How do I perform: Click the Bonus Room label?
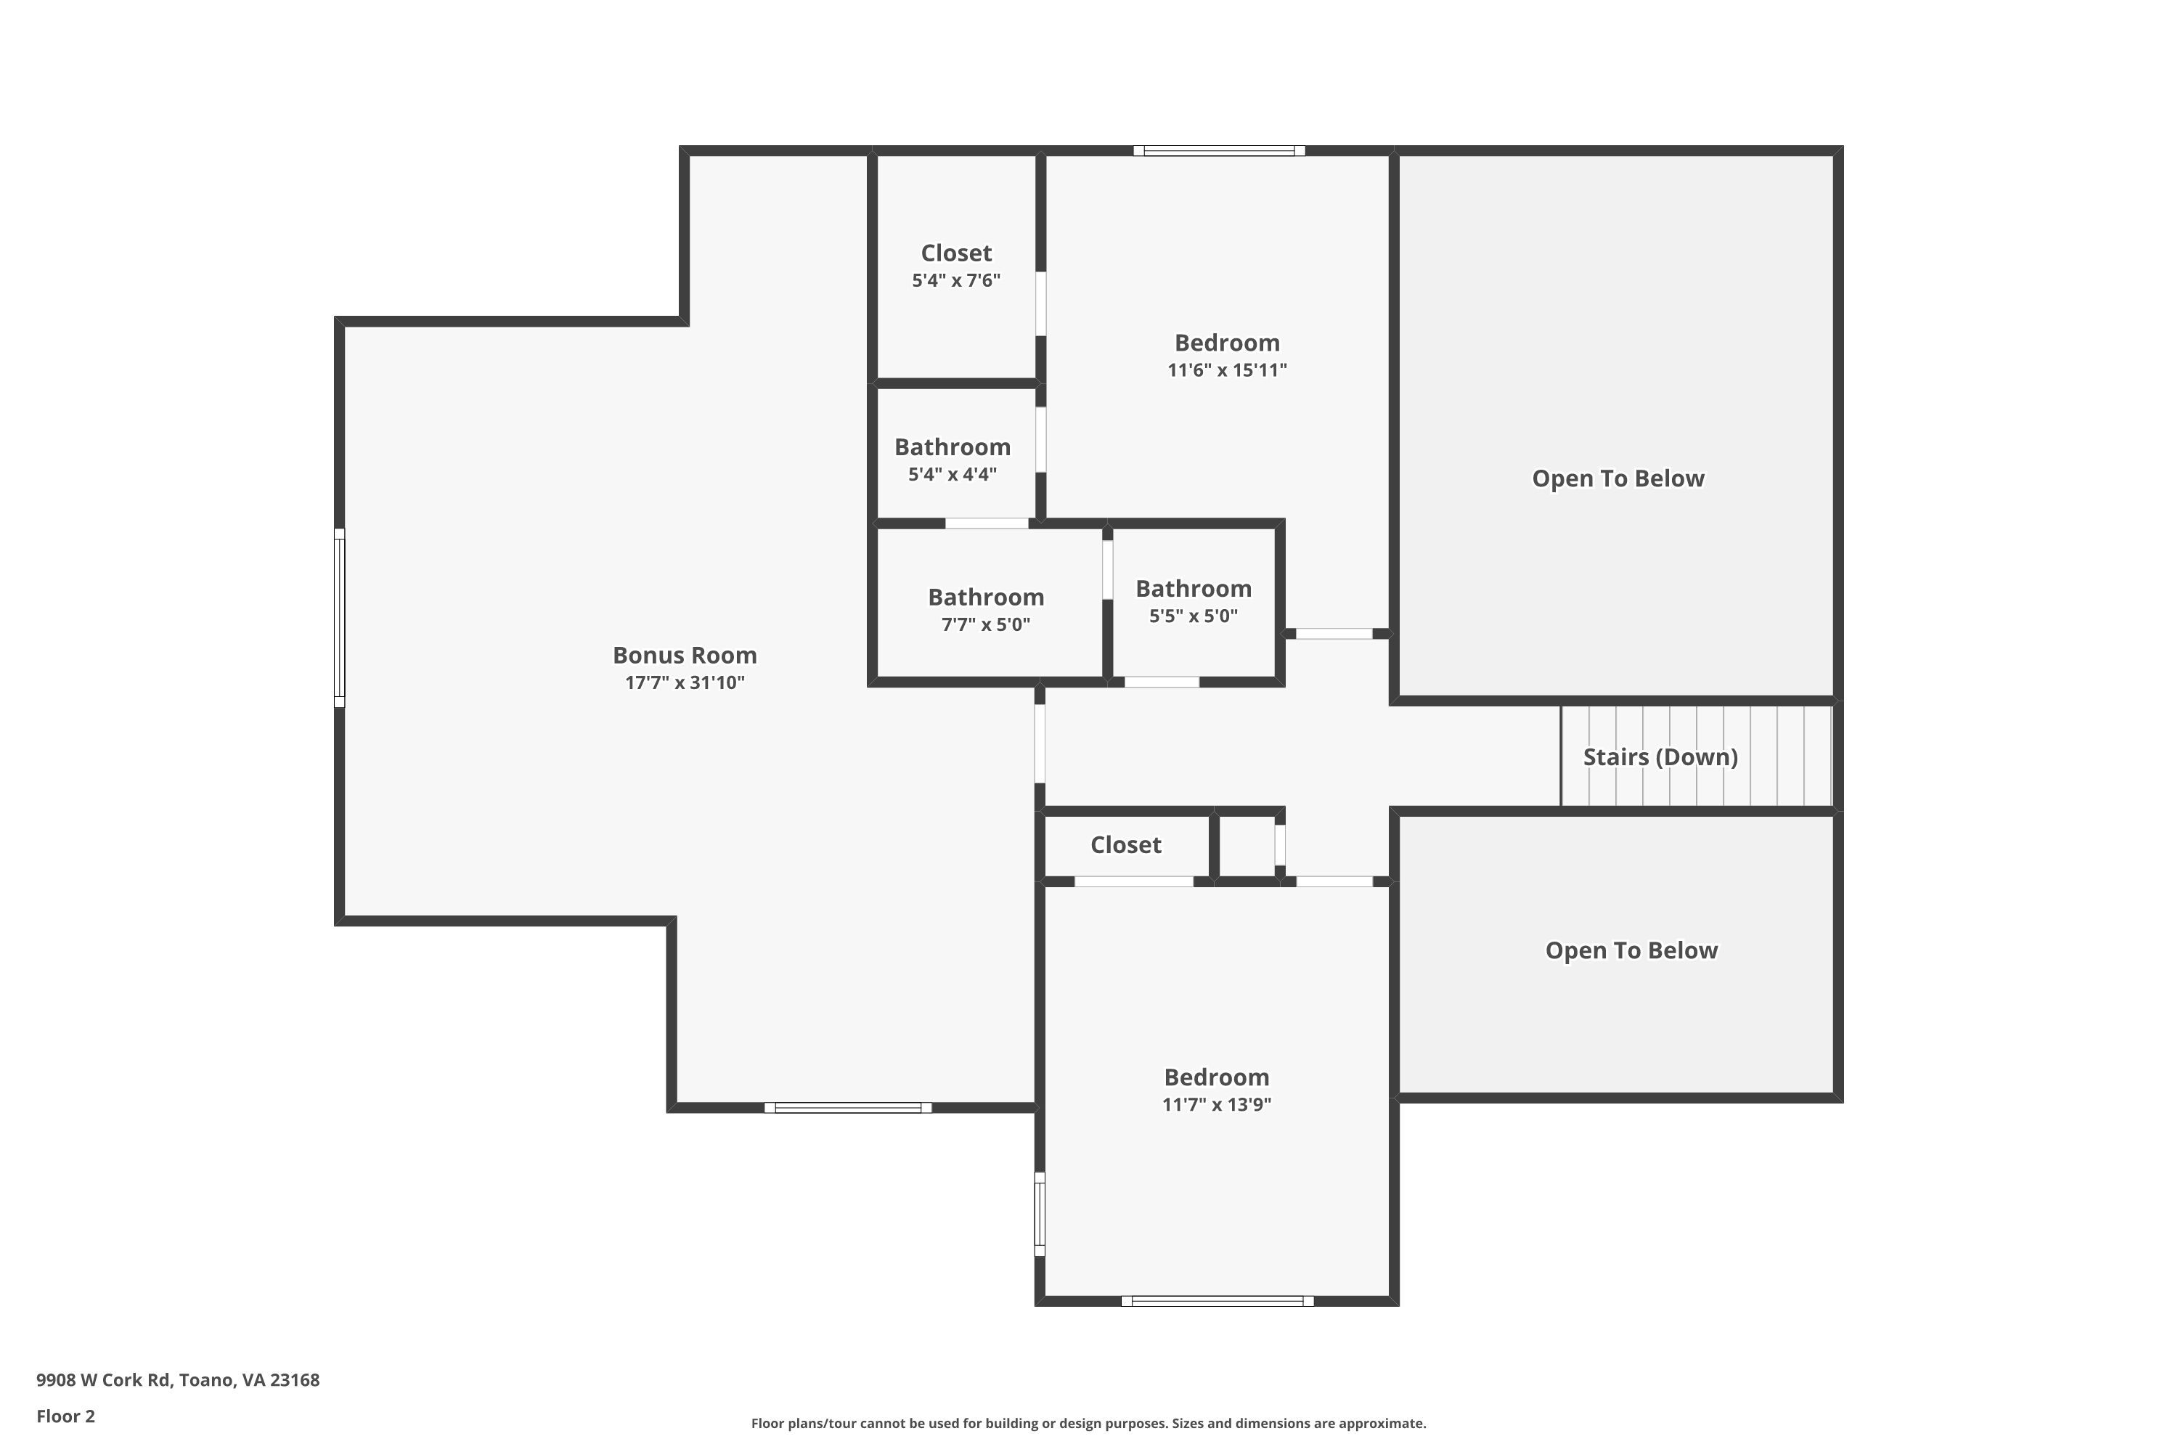(685, 655)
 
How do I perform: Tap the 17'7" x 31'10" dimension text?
(685, 682)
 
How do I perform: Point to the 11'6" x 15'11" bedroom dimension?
(1227, 370)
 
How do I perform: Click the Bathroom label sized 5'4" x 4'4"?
(952, 446)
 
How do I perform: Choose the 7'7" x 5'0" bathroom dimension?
(985, 624)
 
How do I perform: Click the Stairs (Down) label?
(1660, 756)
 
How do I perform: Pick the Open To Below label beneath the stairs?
(1631, 950)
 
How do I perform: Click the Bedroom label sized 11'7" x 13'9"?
(1216, 1077)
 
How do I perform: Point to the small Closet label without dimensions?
(1125, 844)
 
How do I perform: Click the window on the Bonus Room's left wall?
(340, 618)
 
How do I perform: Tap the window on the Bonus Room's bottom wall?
(847, 1108)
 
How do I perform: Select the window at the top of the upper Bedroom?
(1219, 151)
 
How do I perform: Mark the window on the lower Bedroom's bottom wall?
(1217, 1301)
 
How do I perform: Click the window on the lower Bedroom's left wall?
(1040, 1214)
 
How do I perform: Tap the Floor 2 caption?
(66, 1416)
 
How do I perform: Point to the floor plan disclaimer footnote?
(1088, 1423)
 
